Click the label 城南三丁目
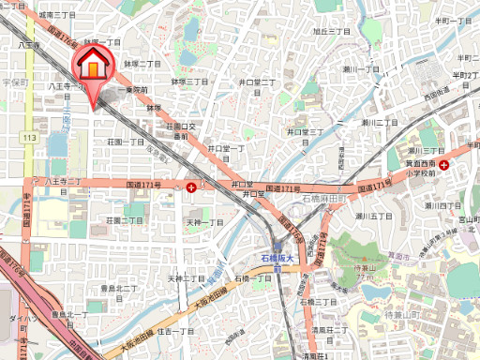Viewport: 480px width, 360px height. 58,16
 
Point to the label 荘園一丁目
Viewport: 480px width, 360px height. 124,142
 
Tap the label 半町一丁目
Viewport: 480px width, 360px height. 453,20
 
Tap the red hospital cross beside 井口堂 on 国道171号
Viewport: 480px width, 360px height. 192,187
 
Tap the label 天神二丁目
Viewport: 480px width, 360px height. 187,278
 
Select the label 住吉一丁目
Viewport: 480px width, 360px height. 175,331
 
